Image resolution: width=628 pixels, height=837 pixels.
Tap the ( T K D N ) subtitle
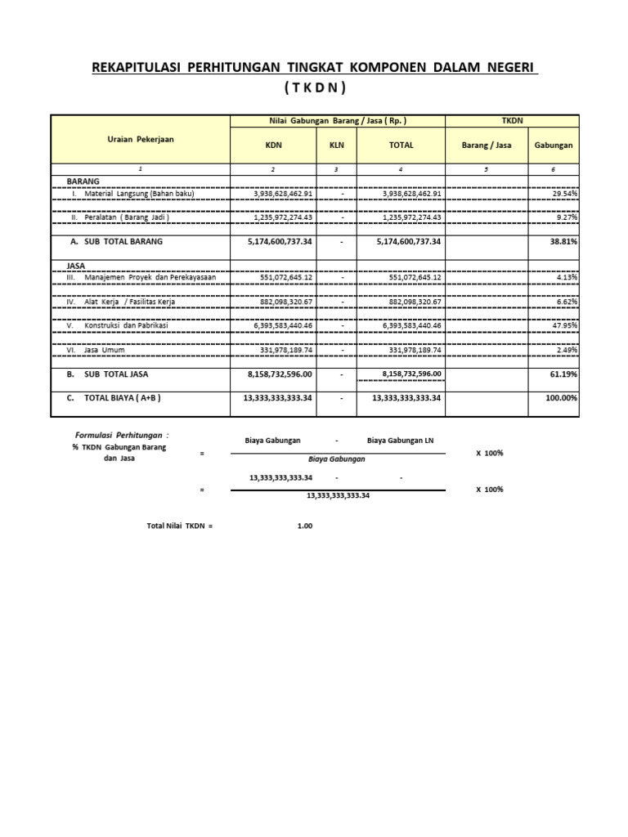[315, 87]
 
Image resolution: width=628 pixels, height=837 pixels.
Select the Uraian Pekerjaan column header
[140, 139]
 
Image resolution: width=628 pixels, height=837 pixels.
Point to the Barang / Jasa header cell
[486, 145]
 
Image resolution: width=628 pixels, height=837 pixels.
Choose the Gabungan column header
[554, 145]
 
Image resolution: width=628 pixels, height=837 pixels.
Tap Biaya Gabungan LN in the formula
[401, 441]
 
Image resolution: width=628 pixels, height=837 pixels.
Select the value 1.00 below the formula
[305, 526]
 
